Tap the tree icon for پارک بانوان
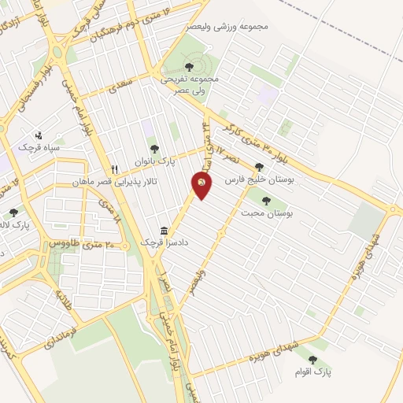[153, 149]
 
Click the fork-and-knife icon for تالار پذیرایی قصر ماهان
[115, 169]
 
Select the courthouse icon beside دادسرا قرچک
[163, 231]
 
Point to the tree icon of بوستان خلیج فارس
[259, 167]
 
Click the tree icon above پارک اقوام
[312, 359]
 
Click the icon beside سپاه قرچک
[39, 135]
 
